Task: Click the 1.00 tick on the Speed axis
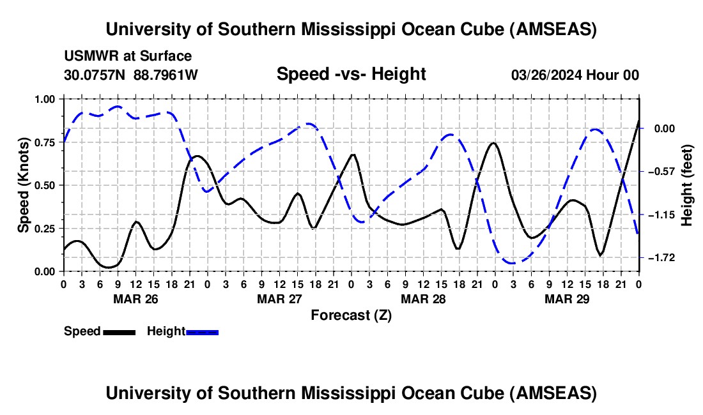coord(47,99)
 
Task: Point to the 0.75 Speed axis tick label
coord(47,142)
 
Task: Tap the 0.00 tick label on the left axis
coord(47,271)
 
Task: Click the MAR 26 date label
coord(135,298)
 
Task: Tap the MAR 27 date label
coord(279,298)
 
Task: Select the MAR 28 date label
coord(423,298)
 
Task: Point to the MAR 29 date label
coord(567,298)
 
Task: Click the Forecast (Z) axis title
coord(351,315)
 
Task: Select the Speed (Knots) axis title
coord(24,185)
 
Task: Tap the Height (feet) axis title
coord(688,185)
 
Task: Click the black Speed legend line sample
coord(119,331)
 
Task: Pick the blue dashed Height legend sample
coord(203,331)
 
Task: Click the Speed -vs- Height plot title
coord(351,74)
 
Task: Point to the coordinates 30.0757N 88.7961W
coord(131,75)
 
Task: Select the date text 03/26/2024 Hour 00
coord(575,75)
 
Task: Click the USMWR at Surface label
coord(128,56)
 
